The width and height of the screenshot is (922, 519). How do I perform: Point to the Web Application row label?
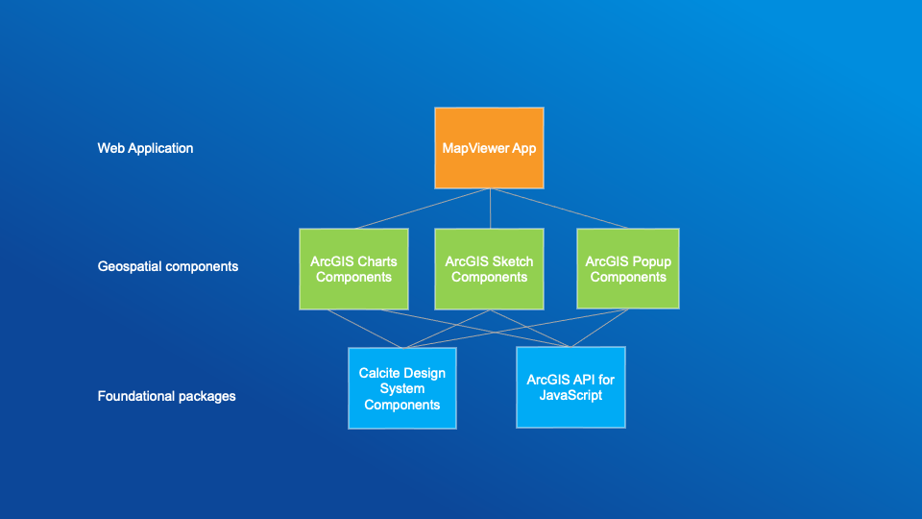click(x=145, y=148)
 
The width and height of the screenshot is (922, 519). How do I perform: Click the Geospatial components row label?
click(x=168, y=266)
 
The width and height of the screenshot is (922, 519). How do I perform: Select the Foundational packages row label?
click(x=166, y=396)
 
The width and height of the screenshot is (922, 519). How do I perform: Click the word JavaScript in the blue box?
click(x=570, y=395)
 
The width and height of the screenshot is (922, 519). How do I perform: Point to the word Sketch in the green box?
click(x=511, y=261)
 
